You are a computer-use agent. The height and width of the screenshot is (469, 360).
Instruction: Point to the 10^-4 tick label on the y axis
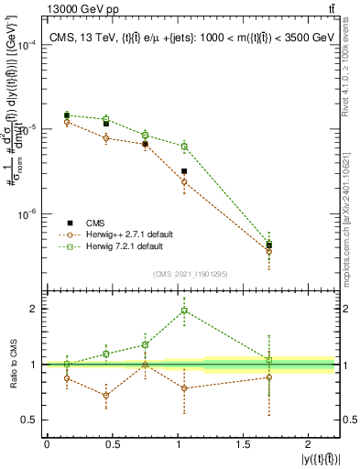[x=27, y=45]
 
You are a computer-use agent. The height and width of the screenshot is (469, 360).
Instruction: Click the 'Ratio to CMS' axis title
[x=12, y=364]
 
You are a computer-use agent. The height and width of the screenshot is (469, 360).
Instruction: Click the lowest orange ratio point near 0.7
[x=106, y=396]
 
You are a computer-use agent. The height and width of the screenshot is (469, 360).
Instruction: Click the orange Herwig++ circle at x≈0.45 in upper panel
[x=106, y=138]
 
